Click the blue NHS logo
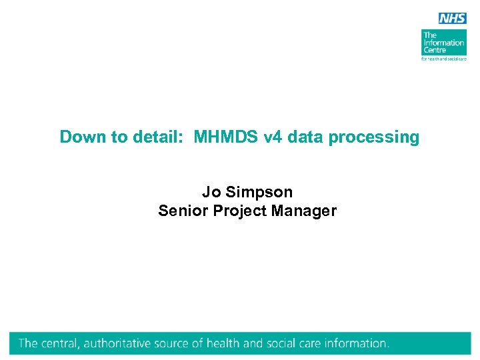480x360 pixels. pos(452,18)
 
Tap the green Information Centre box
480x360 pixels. pos(444,42)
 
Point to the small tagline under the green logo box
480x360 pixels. pos(444,59)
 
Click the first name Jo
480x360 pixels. pos(211,192)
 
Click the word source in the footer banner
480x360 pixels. pos(190,344)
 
